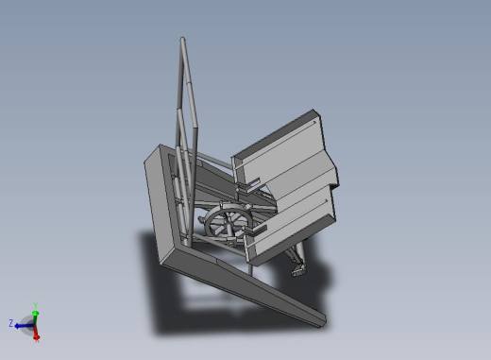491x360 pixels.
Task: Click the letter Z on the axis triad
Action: pos(10,323)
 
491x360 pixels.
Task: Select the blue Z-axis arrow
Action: pos(25,326)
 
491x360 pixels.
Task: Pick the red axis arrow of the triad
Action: pos(36,333)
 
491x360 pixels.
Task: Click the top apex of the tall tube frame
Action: pos(182,39)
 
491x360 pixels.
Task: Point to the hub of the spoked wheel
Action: pos(229,223)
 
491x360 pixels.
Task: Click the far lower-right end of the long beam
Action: pos(324,322)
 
